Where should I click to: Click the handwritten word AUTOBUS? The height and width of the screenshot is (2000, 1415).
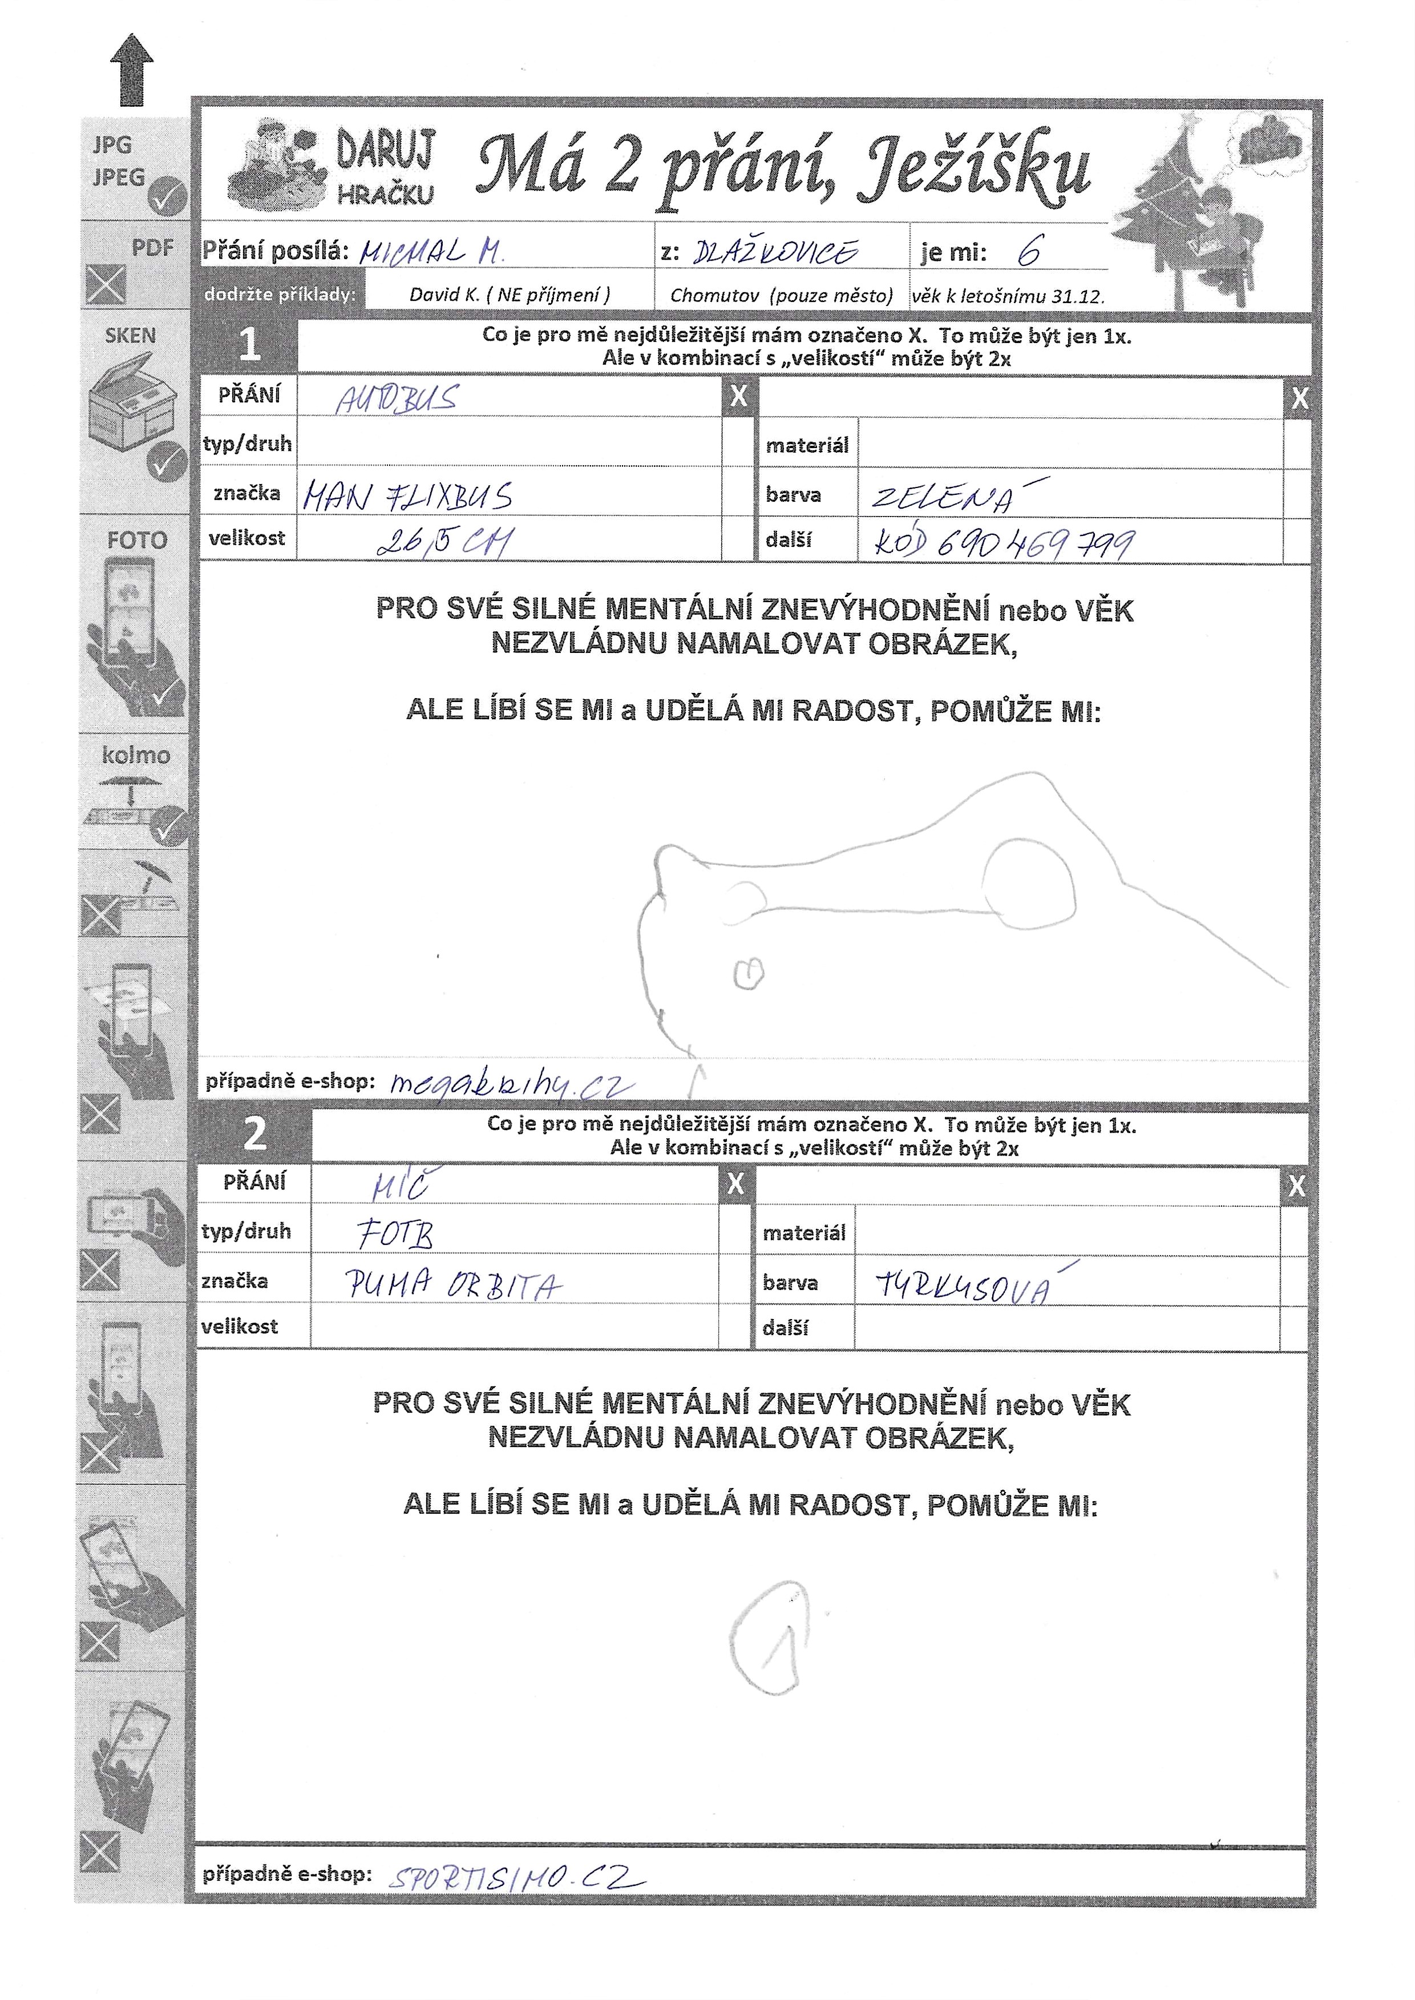click(397, 399)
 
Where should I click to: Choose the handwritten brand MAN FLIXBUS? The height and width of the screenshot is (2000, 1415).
click(408, 497)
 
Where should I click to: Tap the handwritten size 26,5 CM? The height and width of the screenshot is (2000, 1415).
click(444, 542)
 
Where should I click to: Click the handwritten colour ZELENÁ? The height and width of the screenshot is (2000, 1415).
click(950, 496)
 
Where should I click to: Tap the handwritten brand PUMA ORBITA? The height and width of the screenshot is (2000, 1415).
click(453, 1284)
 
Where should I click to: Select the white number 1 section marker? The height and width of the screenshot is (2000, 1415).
click(249, 345)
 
